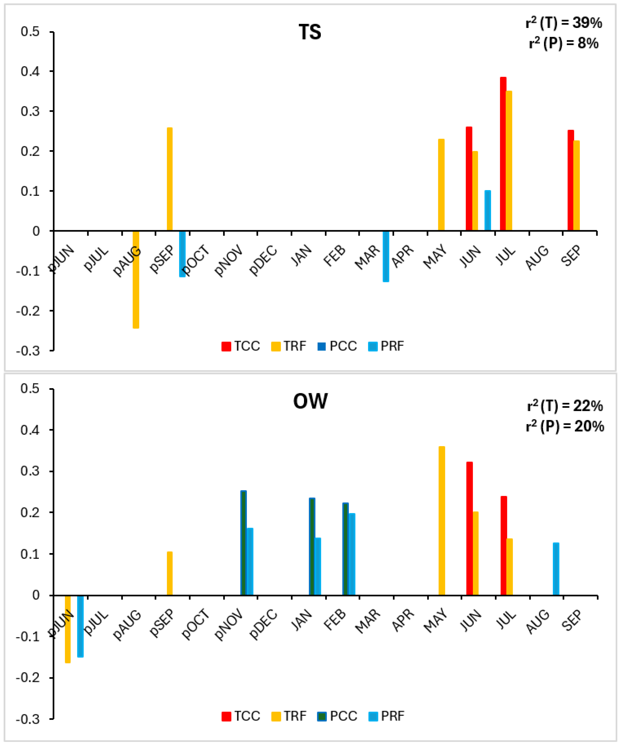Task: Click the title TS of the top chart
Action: point(310,32)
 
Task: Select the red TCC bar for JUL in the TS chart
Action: point(503,154)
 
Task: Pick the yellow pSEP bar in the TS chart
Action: point(170,179)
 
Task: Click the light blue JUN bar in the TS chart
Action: point(488,211)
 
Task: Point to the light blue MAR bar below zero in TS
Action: point(386,256)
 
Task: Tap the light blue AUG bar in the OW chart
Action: point(556,569)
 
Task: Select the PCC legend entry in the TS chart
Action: point(337,346)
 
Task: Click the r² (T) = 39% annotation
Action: point(564,23)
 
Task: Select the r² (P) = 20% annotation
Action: point(565,426)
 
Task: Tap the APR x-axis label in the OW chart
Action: point(403,620)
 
